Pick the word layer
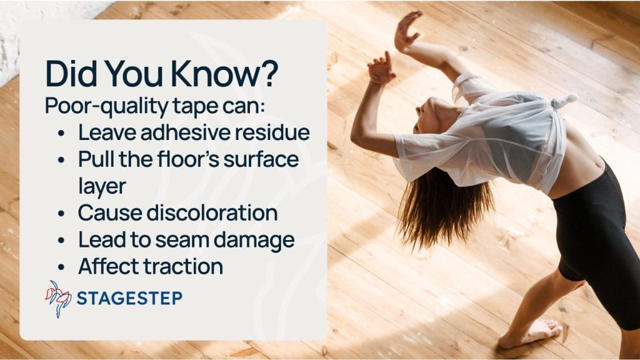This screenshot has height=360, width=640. click(102, 186)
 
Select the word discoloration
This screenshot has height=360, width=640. click(212, 212)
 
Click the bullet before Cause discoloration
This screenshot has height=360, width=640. click(61, 214)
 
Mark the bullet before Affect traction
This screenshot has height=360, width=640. click(61, 267)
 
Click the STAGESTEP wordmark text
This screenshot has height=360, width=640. click(129, 298)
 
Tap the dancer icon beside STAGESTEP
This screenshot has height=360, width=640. click(58, 298)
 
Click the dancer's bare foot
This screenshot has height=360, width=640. click(531, 333)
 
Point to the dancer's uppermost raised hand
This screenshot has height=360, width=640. click(406, 31)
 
